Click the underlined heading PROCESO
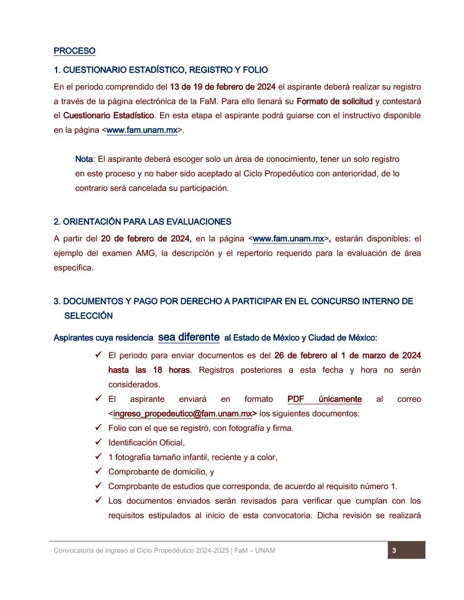[75, 51]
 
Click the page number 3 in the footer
[394, 550]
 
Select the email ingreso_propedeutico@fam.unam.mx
[182, 414]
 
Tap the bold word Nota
[84, 159]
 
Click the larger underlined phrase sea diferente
[189, 337]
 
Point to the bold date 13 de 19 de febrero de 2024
[222, 87]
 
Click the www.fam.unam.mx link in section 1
[142, 130]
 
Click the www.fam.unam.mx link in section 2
[288, 239]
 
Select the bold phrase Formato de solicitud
[334, 101]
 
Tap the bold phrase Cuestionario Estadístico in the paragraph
[109, 115]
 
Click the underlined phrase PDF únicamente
[324, 399]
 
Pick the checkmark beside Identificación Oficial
[98, 442]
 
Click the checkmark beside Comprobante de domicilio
[98, 471]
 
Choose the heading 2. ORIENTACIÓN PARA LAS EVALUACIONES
[142, 222]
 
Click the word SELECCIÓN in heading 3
[89, 315]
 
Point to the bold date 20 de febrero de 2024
[146, 239]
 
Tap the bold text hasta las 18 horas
[149, 370]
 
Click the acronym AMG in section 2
[146, 253]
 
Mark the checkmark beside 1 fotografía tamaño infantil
[98, 456]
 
